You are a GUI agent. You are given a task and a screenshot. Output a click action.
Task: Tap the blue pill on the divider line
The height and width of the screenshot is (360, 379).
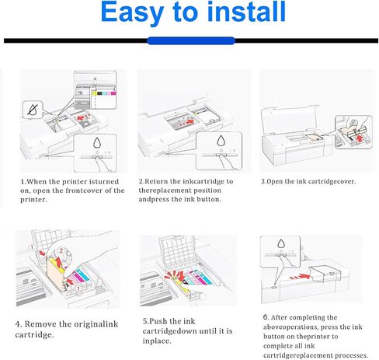click(191, 40)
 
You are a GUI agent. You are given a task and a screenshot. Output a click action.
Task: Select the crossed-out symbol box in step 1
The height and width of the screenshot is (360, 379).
click(33, 110)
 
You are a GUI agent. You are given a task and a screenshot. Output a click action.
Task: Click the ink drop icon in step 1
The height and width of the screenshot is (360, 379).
click(97, 143)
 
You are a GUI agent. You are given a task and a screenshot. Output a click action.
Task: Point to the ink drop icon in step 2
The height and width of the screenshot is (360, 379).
click(221, 141)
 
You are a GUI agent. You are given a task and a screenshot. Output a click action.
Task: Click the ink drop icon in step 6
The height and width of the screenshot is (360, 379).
click(281, 243)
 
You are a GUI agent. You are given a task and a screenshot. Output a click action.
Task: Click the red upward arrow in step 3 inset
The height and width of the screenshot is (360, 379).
click(360, 139)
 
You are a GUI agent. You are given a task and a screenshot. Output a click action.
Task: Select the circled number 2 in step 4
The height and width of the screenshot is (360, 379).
click(61, 250)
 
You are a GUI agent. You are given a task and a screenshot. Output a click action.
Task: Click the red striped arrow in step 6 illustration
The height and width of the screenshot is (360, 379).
click(300, 277)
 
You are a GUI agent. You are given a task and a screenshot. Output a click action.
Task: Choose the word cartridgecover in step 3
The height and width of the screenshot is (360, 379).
click(332, 181)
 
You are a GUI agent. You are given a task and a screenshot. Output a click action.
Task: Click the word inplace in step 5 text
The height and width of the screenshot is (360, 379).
click(157, 341)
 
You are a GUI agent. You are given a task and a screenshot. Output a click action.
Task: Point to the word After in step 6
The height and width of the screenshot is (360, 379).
click(280, 317)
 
